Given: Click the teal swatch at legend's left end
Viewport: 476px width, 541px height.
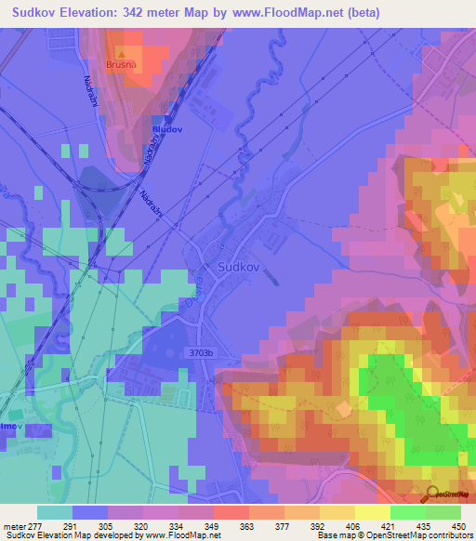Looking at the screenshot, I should pos(54,512).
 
